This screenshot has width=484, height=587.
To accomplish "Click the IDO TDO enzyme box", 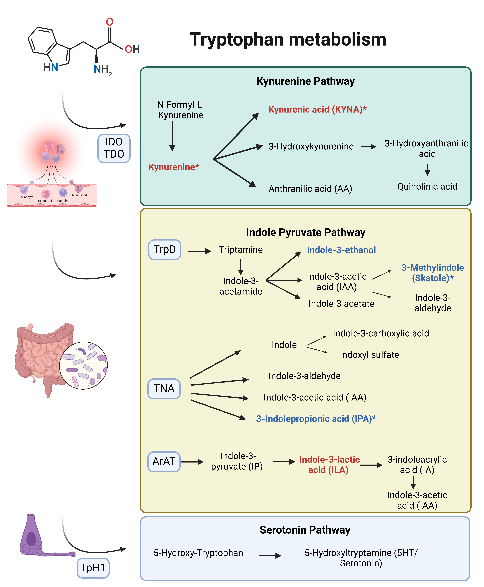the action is click(114, 148).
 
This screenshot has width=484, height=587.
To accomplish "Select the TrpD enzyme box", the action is click(164, 249).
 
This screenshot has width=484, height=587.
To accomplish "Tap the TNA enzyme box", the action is click(164, 389).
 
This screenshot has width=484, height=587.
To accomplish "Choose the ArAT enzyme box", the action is click(164, 462).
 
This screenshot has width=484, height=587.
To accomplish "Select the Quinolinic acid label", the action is click(427, 187).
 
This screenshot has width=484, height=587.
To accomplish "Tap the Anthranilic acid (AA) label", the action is click(310, 189).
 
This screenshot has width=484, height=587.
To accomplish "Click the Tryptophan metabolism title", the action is click(288, 39).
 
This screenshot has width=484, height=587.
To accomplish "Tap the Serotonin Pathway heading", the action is click(305, 530).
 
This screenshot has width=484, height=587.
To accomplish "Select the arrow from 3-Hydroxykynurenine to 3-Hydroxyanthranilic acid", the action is click(368, 147).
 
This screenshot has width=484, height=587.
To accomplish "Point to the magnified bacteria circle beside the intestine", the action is click(83, 365).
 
